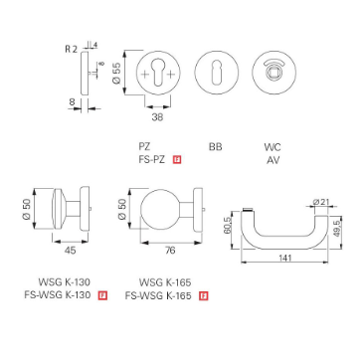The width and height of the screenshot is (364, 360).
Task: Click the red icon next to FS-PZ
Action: point(177,159)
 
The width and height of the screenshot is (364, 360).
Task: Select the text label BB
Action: point(215,147)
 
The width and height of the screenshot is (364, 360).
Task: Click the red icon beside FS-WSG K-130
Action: point(102,295)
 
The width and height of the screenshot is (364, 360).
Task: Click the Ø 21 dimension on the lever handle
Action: point(319,203)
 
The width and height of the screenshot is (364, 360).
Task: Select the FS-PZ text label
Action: point(153,159)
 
